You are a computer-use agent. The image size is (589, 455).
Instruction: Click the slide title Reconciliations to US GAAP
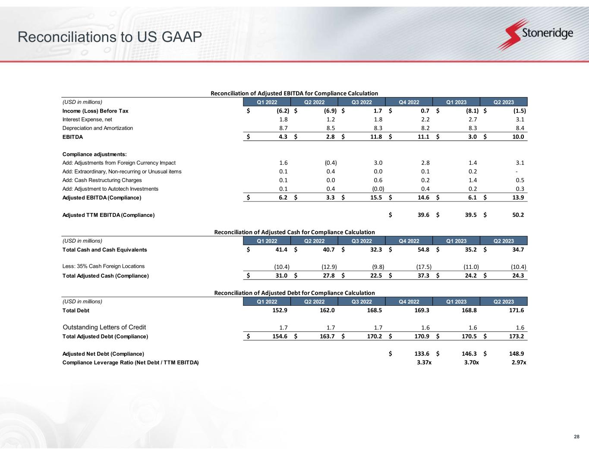[110, 38]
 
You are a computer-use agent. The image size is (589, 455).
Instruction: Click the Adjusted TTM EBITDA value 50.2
[517, 215]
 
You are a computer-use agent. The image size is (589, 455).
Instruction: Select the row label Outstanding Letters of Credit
[107, 327]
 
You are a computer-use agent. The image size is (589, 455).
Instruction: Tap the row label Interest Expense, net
[87, 119]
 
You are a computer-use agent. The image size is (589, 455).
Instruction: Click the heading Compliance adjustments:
[94, 154]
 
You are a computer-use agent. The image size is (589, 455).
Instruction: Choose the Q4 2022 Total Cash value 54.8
[422, 250]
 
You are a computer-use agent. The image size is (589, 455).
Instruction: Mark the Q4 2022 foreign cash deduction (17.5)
[421, 267]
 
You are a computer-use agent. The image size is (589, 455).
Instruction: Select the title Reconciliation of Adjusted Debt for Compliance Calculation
[294, 293]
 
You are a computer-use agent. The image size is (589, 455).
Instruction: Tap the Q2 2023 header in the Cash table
[504, 241]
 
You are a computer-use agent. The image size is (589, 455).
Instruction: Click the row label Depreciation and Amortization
[98, 128]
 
